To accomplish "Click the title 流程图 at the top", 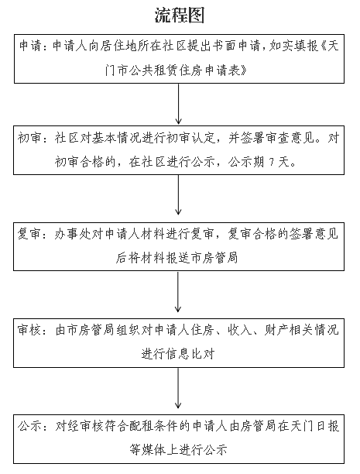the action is (x=180, y=15).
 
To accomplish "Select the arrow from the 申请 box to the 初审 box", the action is (x=178, y=104).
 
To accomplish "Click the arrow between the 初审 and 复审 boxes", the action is (x=178, y=195).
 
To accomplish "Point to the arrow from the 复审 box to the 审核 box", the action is (x=178, y=291).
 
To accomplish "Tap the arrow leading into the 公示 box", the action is (x=178, y=388).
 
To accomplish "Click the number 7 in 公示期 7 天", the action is (x=271, y=163).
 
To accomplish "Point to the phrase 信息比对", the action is (x=190, y=354).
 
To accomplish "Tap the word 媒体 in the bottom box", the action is (x=154, y=450).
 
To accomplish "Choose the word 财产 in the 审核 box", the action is (x=276, y=330).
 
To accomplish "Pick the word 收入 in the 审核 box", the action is (x=240, y=330).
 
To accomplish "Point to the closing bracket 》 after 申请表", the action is (x=244, y=70).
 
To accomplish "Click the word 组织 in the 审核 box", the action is (x=129, y=330).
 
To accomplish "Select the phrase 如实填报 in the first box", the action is (x=293, y=46).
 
